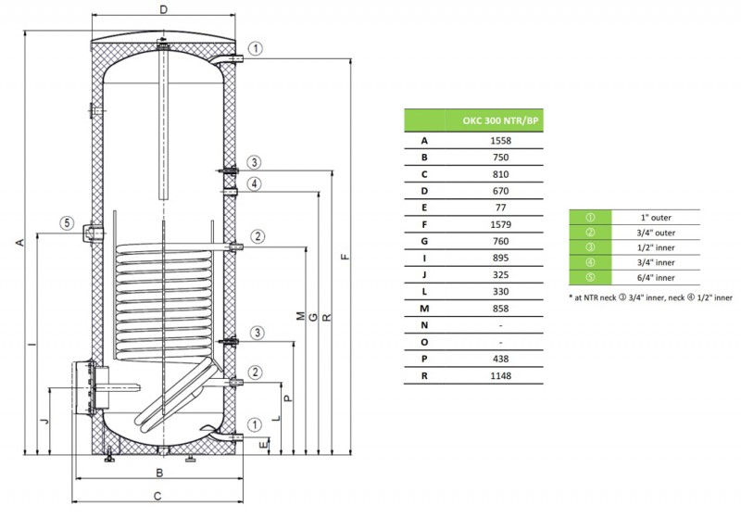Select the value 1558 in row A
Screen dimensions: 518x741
[x=499, y=141]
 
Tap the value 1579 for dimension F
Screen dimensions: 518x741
[x=499, y=224]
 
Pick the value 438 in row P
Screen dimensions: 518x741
[x=499, y=359]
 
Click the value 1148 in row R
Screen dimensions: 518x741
[x=499, y=375]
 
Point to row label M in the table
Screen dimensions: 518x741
[x=424, y=309]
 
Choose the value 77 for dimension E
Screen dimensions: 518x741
[x=499, y=208]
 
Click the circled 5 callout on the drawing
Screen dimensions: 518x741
[x=66, y=222]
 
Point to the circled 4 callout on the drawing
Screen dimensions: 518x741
[x=255, y=183]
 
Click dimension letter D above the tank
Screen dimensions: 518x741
[x=163, y=11]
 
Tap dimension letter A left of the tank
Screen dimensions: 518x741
[x=19, y=243]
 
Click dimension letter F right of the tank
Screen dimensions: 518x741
[x=344, y=257]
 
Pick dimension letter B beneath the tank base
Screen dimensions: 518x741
[x=160, y=474]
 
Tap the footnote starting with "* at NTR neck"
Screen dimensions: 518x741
[x=650, y=297]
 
